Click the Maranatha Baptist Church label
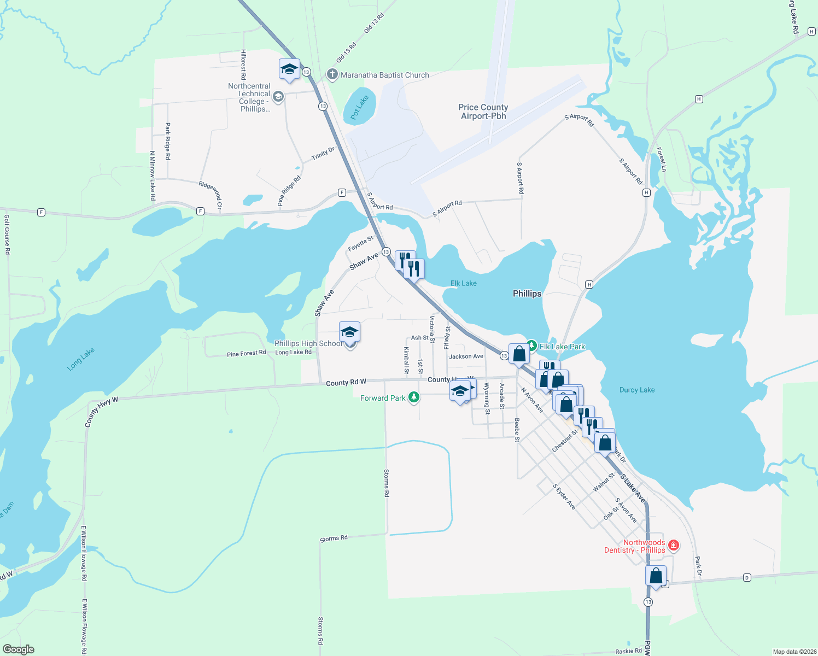coord(384,75)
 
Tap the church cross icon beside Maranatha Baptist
coord(331,74)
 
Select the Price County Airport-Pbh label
coord(483,112)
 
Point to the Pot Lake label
coord(360,107)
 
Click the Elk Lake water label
coord(463,283)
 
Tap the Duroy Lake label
coord(637,390)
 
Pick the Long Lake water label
coord(81,359)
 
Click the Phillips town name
coord(527,294)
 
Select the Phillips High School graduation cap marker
coord(349,332)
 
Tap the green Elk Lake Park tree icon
coord(531,347)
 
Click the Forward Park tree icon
coord(414,397)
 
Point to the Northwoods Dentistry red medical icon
coord(674,545)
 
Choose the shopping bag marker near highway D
coord(656,576)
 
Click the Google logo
coord(19,649)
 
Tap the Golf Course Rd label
coord(7,235)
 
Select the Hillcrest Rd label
coord(243,65)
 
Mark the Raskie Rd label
coord(628,651)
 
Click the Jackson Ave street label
coord(466,356)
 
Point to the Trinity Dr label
coord(323,154)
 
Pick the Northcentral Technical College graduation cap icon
coord(278,97)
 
